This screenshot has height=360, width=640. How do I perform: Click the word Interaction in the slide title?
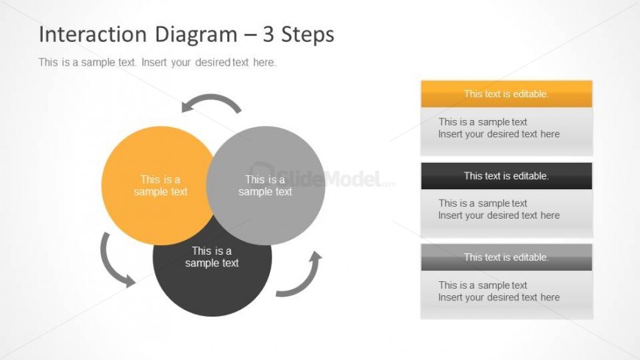coord(93,34)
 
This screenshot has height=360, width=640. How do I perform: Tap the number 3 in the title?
coord(269,34)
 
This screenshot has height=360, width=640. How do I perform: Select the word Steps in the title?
coord(307,35)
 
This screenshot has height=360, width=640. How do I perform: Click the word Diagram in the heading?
coord(196,35)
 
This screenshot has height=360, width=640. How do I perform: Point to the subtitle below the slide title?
coord(157,63)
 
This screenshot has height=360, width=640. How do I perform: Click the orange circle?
coord(155,186)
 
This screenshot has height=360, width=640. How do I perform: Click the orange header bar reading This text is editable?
coord(507,94)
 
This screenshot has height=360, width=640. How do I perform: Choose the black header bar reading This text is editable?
coord(507,176)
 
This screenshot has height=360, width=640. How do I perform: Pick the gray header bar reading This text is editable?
coord(507,258)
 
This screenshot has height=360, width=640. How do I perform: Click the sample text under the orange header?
coord(499,128)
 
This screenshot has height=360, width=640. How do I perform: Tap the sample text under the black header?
coord(499,209)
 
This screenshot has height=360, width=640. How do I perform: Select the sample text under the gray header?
coord(499,291)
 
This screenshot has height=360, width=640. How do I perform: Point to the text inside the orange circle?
coord(160,186)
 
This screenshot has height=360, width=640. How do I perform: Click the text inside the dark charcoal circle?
coord(212,257)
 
